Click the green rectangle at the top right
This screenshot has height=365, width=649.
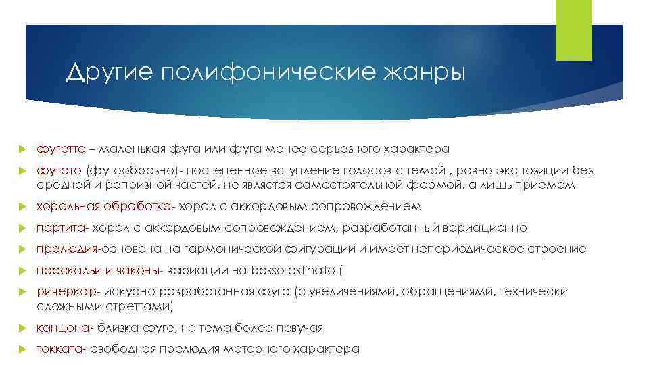click(x=569, y=30)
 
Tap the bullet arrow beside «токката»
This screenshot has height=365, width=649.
click(x=21, y=349)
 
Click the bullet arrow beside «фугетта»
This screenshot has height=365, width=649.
click(x=21, y=148)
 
